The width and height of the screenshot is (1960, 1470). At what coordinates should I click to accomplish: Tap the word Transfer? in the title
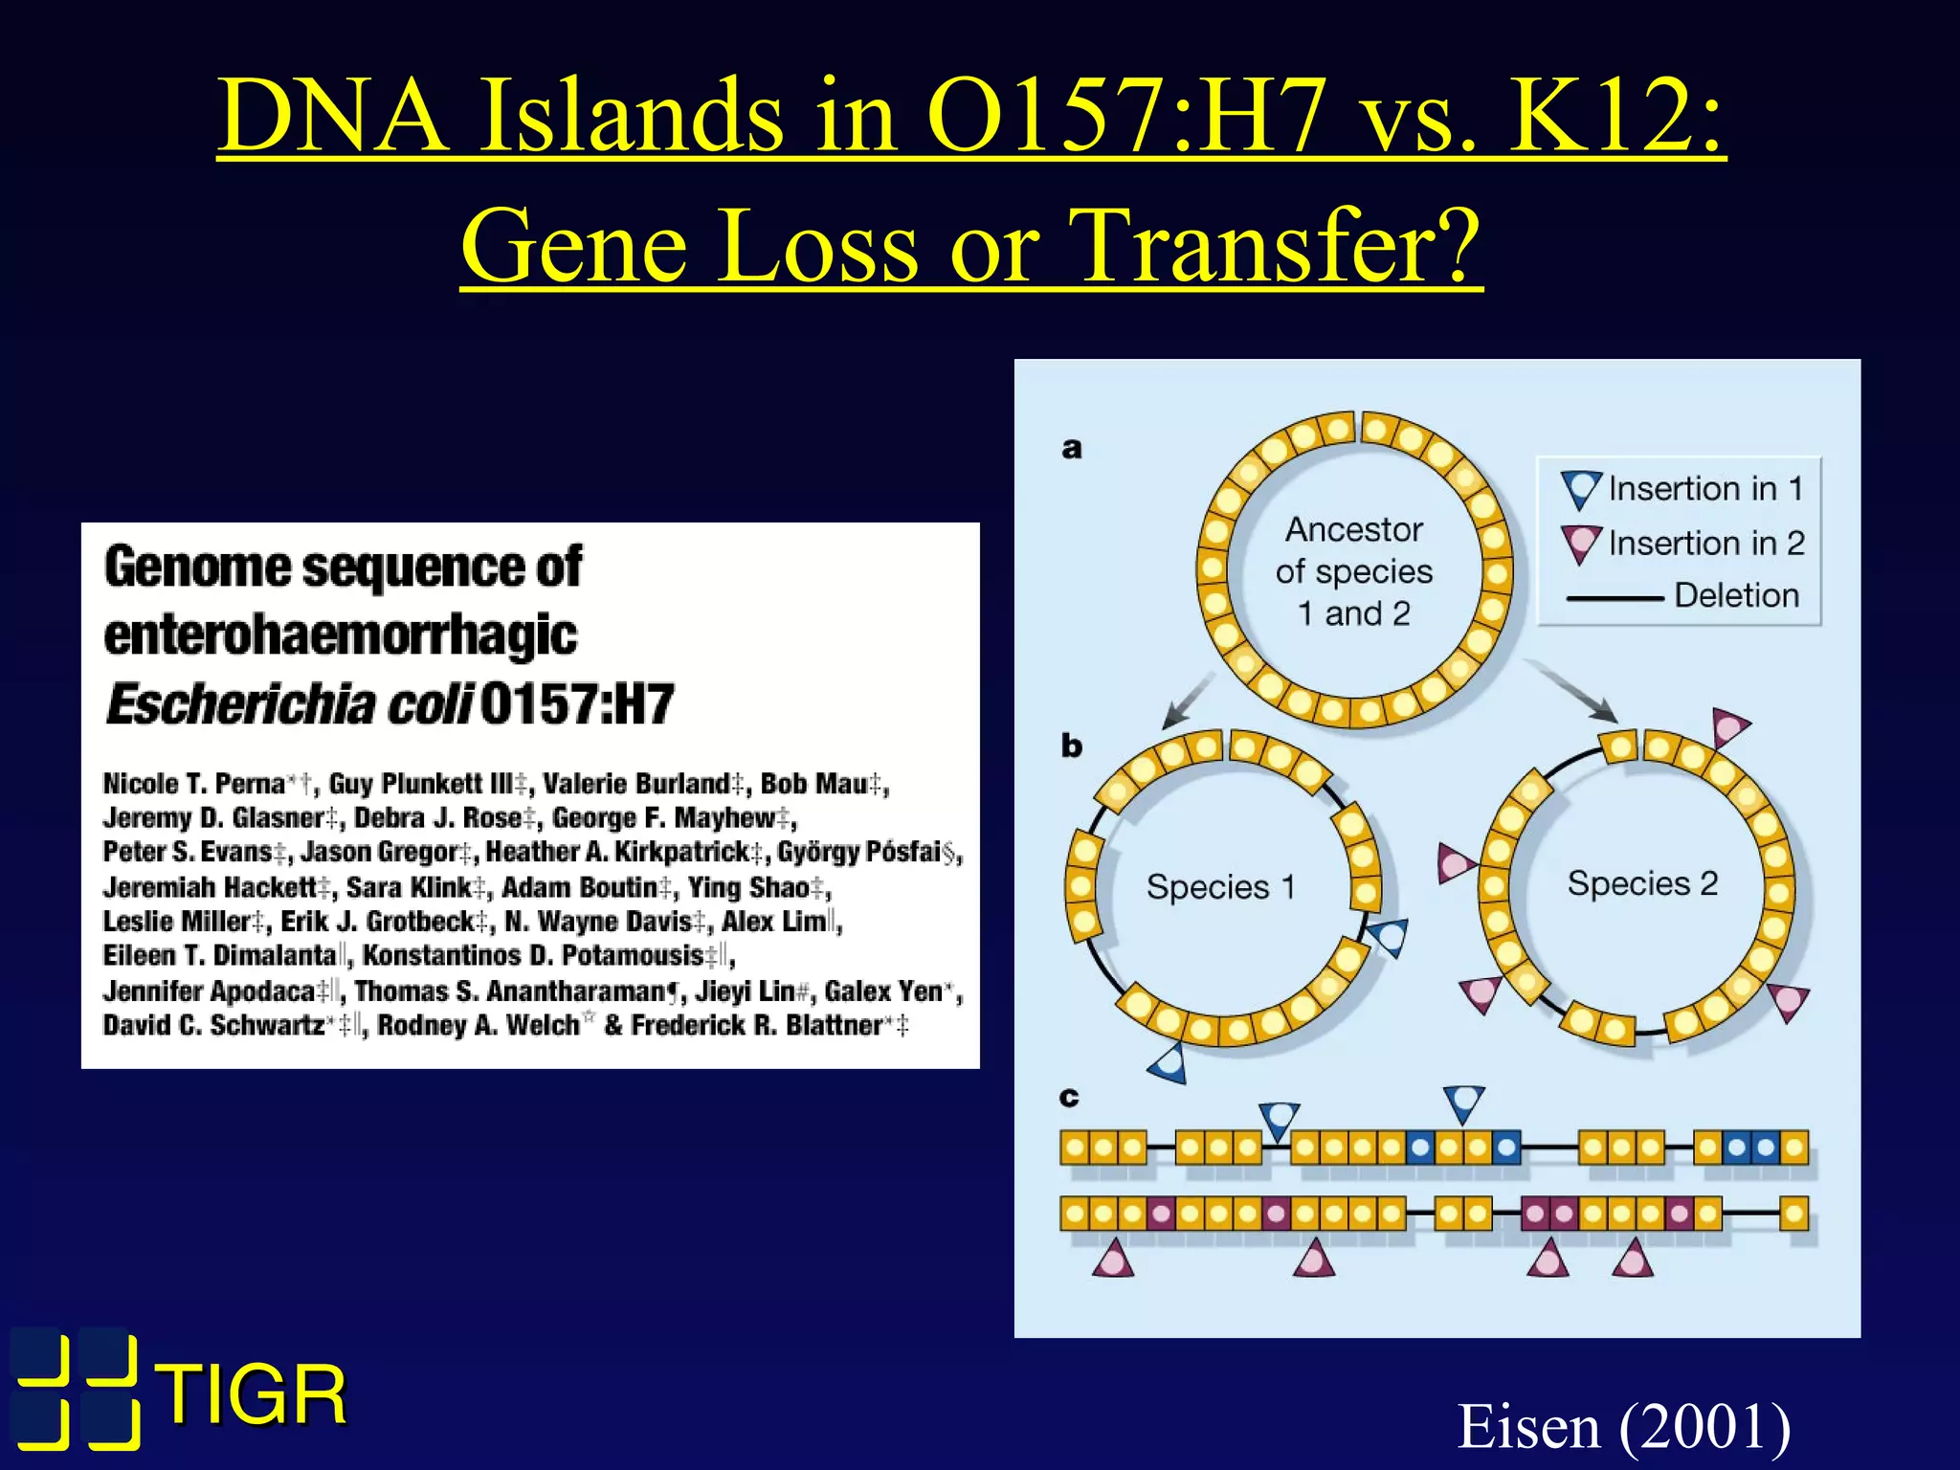[1273, 246]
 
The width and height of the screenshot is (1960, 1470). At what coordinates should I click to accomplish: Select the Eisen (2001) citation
[1623, 1426]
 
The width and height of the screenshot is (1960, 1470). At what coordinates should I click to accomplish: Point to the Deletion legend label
[1735, 595]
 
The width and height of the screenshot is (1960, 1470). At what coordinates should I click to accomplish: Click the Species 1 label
[1220, 887]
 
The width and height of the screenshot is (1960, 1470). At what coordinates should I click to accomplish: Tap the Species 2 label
[1642, 883]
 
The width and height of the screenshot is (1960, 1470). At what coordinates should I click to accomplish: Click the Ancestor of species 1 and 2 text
[1353, 571]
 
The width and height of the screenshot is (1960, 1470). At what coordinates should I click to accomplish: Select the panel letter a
[1072, 448]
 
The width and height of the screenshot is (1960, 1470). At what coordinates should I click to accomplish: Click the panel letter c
[1069, 1097]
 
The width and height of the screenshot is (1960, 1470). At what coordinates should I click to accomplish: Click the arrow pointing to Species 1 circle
[1187, 702]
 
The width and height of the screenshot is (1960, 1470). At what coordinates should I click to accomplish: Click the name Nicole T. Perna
[193, 785]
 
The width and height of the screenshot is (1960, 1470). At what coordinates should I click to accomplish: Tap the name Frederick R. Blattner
[755, 1026]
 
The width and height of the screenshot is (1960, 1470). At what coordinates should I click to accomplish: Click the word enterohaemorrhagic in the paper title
[340, 635]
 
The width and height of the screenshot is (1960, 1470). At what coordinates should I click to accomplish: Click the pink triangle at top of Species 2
[1729, 728]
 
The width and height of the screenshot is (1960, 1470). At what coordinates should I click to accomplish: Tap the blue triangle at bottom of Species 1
[1169, 1063]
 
